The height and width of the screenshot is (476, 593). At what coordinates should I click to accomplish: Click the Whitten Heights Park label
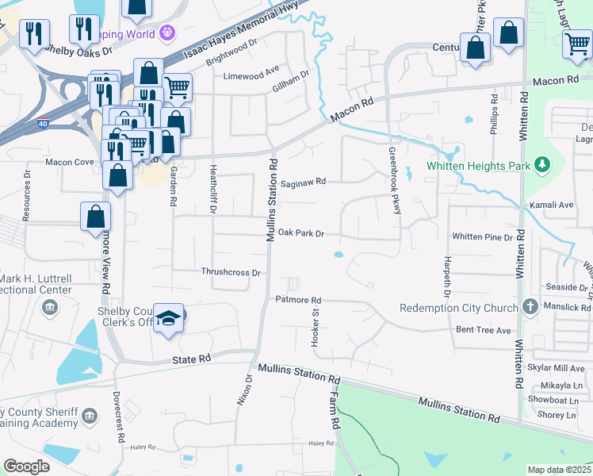[478, 166]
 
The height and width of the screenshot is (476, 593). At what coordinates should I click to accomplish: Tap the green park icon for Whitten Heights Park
[542, 165]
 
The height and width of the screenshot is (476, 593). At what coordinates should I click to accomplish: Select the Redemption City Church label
[458, 308]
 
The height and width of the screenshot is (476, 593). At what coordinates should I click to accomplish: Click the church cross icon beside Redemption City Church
[530, 307]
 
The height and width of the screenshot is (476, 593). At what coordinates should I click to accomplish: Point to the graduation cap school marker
[168, 319]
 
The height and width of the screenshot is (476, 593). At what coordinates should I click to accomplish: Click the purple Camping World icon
[166, 33]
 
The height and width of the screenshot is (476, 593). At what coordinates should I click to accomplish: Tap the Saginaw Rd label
[303, 182]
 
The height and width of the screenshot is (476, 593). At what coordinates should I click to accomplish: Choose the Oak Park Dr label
[302, 234]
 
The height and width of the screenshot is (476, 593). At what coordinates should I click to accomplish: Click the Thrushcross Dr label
[231, 272]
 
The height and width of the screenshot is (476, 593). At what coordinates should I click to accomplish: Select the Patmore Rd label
[297, 300]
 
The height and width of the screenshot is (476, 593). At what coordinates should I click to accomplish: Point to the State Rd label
[192, 359]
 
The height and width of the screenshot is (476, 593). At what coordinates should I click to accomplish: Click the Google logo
[26, 466]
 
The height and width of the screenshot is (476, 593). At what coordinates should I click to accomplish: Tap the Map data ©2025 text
[559, 470]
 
